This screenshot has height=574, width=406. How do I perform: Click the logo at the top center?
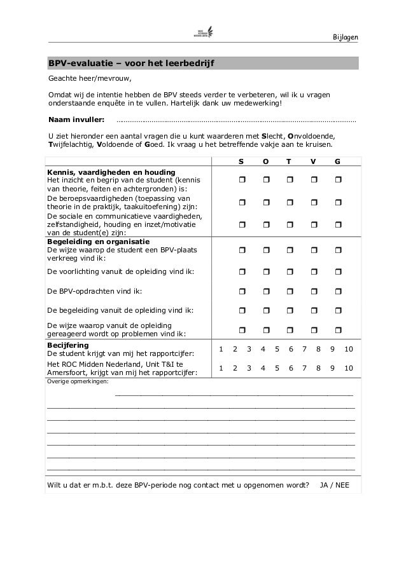[x=204, y=33]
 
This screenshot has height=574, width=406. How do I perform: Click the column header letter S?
[x=241, y=162]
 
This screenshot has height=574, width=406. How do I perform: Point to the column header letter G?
[x=337, y=162]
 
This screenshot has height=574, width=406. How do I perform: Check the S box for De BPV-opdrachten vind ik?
[x=242, y=291]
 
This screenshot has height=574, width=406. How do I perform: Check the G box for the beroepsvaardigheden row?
[x=337, y=202]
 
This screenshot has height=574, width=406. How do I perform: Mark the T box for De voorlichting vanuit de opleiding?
[x=289, y=271]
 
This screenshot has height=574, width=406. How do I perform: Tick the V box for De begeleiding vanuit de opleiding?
[x=313, y=311]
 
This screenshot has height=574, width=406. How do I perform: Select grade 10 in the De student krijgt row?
[x=348, y=350]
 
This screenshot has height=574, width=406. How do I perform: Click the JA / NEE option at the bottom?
[x=333, y=486]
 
